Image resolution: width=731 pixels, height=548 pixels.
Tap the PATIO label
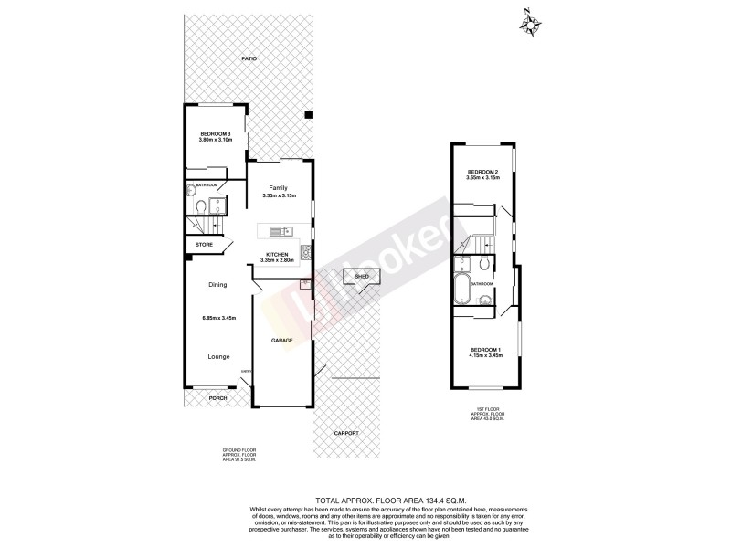[249, 58]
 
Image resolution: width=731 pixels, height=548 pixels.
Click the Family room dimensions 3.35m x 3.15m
[278, 196]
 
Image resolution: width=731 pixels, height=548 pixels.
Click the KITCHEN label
[277, 254]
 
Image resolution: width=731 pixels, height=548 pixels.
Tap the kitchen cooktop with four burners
[308, 253]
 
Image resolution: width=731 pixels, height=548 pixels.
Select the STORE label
[205, 245]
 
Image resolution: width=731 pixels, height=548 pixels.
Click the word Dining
[217, 285]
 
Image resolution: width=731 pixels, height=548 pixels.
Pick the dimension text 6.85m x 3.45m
[219, 318]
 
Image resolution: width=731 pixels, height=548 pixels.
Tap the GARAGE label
[281, 340]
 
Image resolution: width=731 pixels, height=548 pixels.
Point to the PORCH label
[217, 398]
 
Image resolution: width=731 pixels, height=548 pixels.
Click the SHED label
[361, 275]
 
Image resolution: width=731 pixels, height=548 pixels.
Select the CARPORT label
[346, 432]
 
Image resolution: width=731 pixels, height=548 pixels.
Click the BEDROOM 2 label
[482, 172]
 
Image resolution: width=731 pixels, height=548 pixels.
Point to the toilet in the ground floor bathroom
[198, 208]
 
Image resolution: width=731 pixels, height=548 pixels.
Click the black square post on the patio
[309, 115]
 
